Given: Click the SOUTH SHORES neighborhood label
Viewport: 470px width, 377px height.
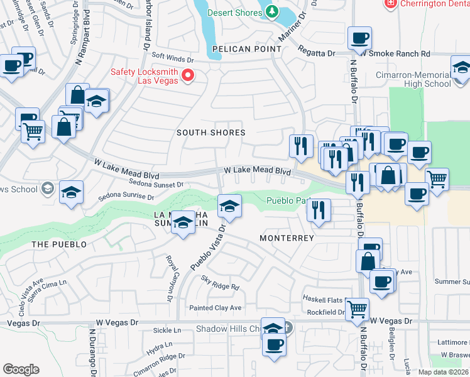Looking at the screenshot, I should tap(210, 133).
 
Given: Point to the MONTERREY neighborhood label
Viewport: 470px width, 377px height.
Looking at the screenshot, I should tap(287, 238).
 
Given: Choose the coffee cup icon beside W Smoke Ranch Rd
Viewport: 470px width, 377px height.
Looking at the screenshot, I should tap(359, 39).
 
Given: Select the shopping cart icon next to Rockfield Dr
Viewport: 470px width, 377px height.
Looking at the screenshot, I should tap(357, 309).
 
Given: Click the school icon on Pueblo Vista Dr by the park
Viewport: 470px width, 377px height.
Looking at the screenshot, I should tap(229, 206).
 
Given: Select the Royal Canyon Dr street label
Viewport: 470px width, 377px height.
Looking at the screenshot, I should tap(172, 273).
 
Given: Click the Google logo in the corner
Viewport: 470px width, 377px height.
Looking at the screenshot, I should tap(21, 369).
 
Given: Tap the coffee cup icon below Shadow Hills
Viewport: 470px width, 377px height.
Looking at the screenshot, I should tap(274, 345).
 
